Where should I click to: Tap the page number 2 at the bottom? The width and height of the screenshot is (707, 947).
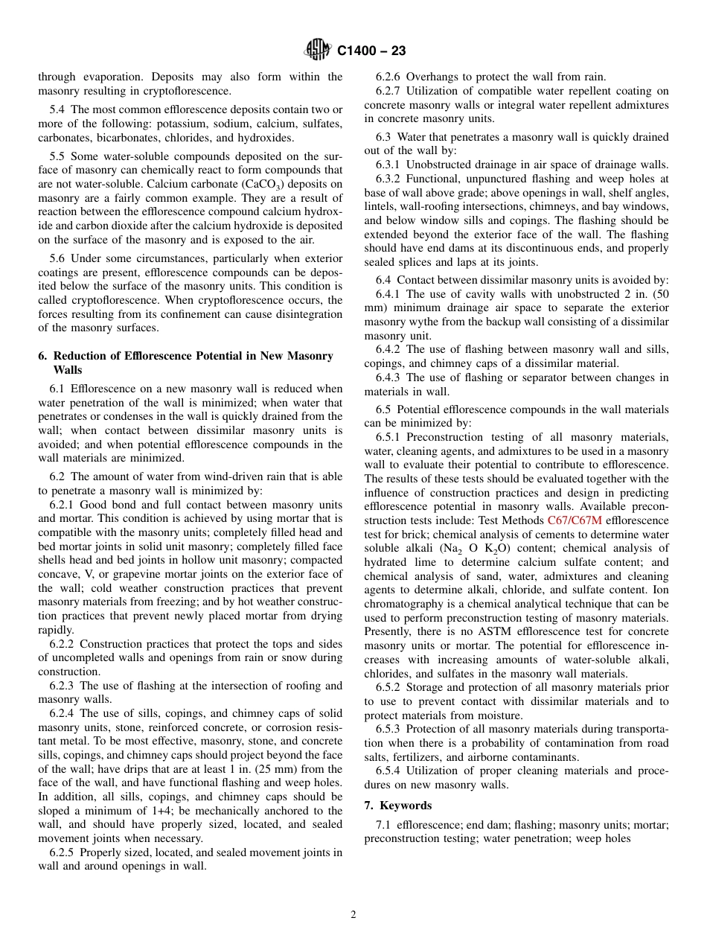pyautogui.click(x=353, y=915)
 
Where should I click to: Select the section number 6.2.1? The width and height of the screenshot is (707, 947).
pyautogui.click(x=64, y=505)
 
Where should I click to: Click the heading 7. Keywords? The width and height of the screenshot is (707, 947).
pyautogui.click(x=397, y=806)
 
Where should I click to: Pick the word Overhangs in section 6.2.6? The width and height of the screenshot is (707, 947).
pyautogui.click(x=432, y=77)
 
